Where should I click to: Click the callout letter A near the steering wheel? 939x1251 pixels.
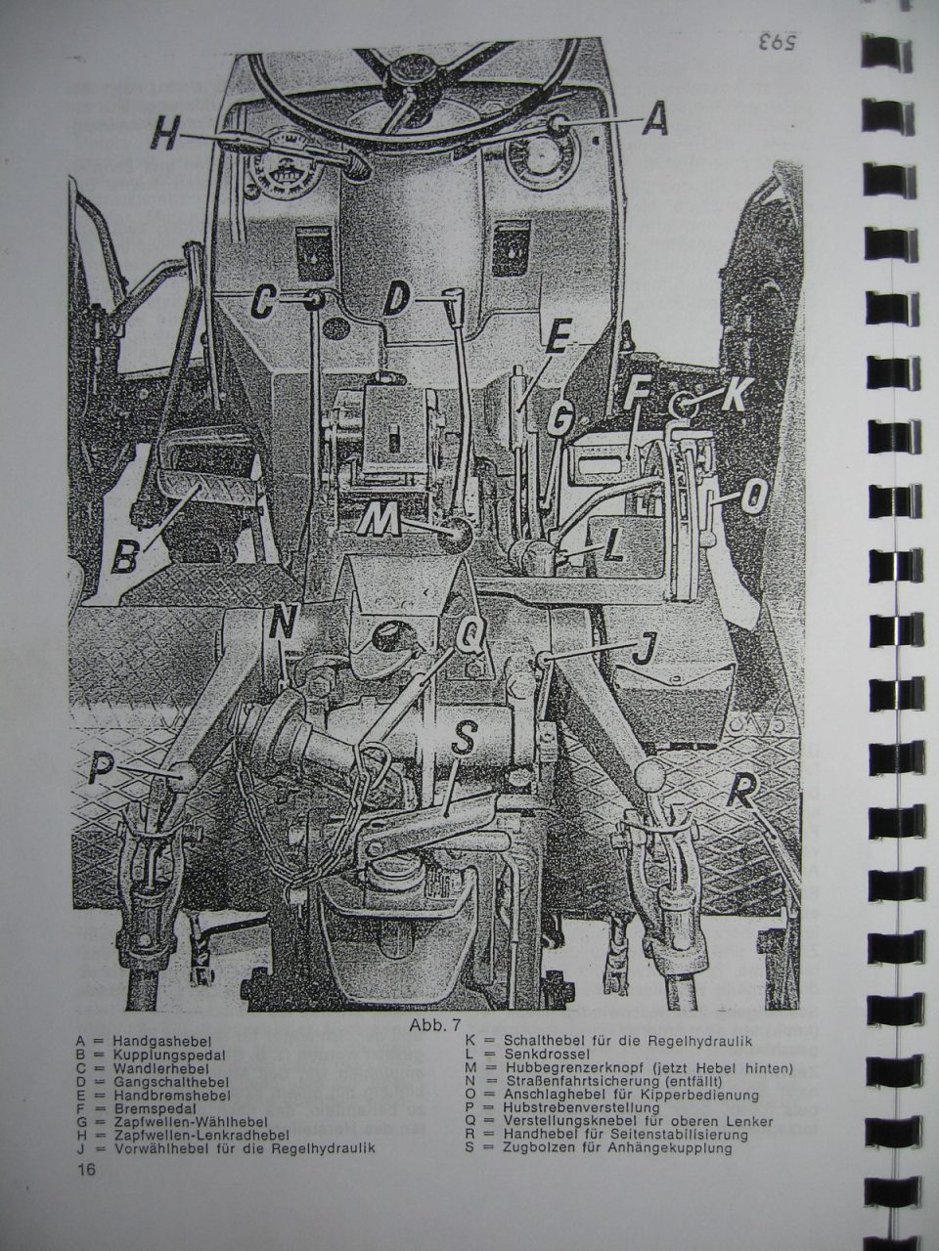(x=654, y=117)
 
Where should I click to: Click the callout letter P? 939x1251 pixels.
(x=104, y=767)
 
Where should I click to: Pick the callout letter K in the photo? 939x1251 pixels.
(x=735, y=393)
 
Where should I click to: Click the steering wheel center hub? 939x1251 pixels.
(x=409, y=74)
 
